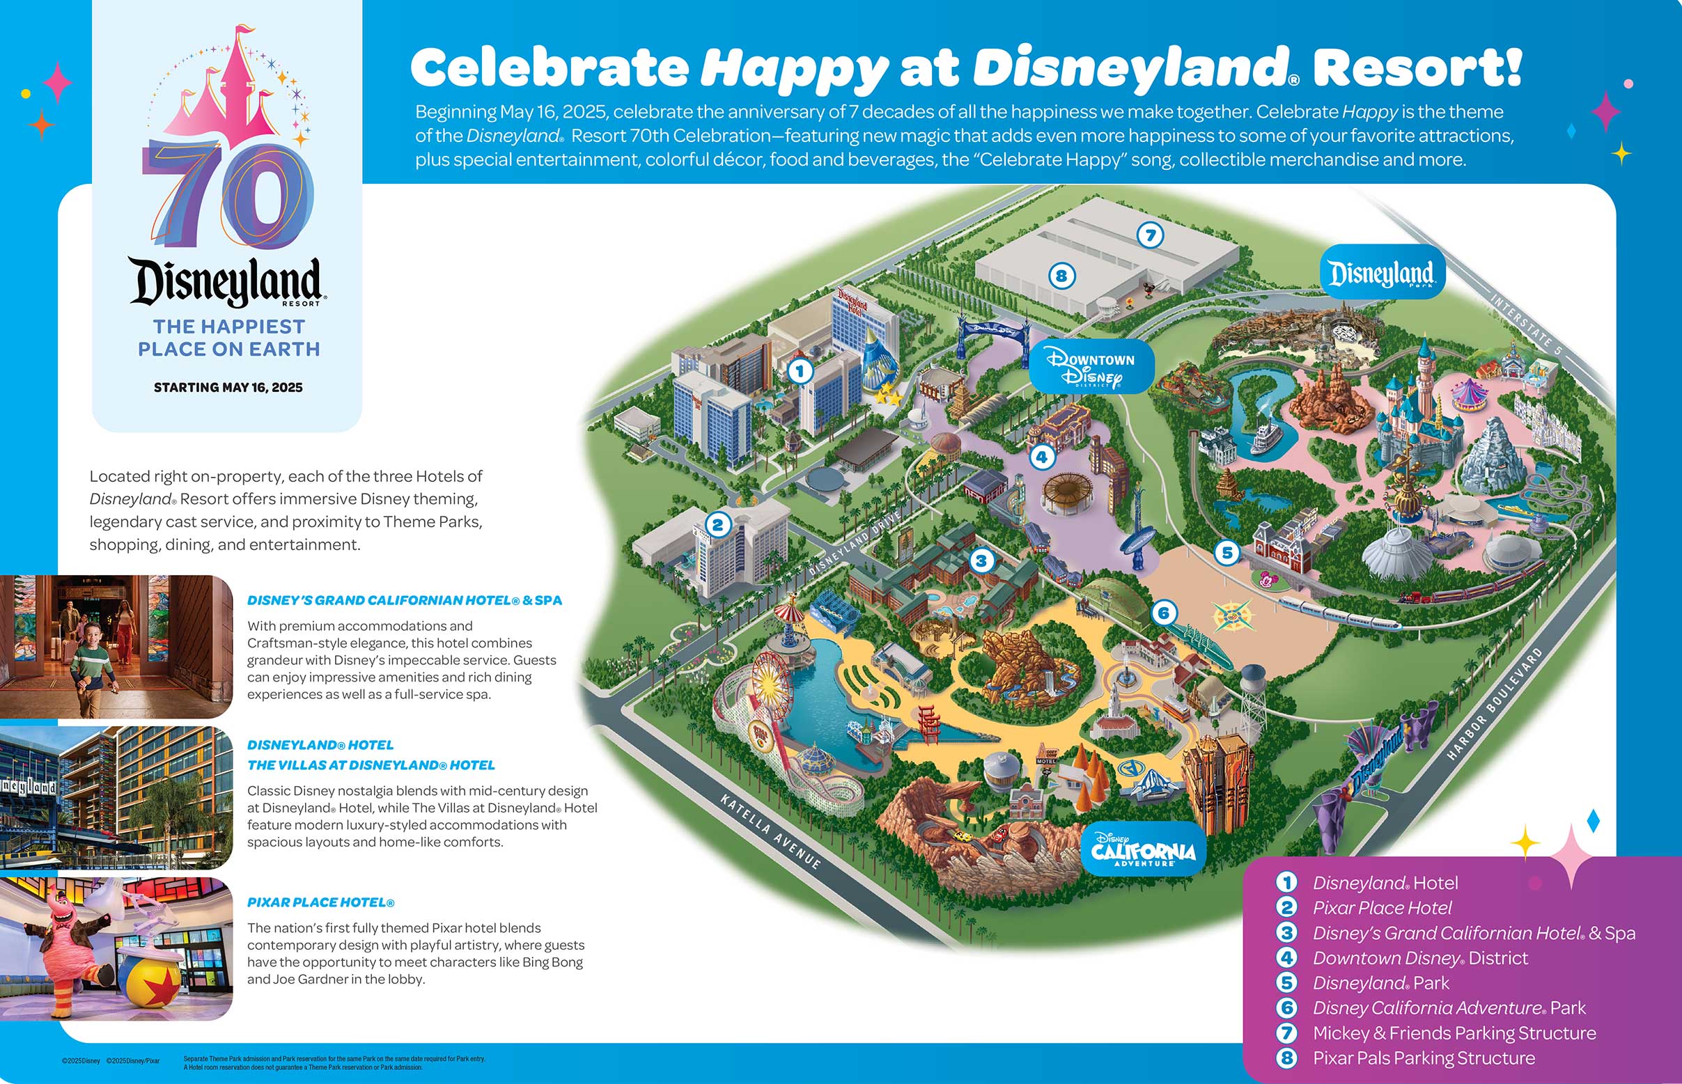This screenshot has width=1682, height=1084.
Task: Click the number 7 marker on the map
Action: (1151, 235)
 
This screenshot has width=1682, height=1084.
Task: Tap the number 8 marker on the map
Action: (1061, 276)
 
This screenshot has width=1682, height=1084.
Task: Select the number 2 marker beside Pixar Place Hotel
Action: (717, 524)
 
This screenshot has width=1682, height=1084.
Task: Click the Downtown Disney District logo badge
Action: (1092, 367)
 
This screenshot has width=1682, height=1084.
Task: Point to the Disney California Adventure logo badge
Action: (1143, 848)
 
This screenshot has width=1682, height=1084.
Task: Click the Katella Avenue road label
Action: (770, 831)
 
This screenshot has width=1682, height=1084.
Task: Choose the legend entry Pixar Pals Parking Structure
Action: (1424, 1058)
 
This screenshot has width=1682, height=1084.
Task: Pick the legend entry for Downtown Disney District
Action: (1420, 958)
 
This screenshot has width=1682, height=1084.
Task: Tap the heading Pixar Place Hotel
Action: (320, 902)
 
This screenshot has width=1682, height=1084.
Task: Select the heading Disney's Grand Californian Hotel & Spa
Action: (404, 600)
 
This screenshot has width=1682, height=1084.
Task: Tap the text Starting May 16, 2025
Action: (228, 388)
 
